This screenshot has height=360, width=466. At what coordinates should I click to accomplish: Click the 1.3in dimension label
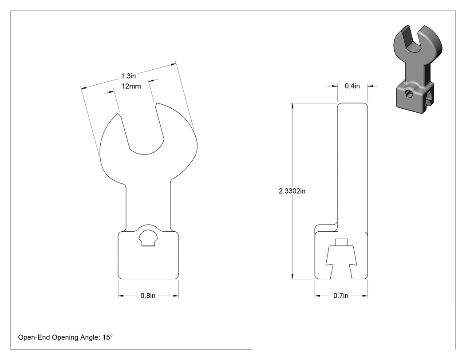[x=128, y=76]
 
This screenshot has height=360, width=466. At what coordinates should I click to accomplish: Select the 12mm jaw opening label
[x=131, y=86]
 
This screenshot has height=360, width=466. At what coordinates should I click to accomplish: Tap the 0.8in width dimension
[x=148, y=296]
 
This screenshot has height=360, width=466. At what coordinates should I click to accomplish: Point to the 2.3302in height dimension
[x=292, y=191]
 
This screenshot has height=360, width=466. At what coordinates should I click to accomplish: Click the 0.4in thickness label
[x=352, y=86]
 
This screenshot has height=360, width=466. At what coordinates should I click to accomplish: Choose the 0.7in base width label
[x=341, y=296]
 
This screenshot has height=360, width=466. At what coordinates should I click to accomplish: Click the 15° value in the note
[x=107, y=337]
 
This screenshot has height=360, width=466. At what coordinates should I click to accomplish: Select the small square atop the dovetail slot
[x=341, y=242]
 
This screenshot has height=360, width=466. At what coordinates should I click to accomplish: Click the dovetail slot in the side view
[x=341, y=262]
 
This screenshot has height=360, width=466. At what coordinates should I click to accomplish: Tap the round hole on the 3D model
[x=409, y=93]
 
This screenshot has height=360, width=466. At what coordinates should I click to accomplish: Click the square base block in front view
[x=148, y=255]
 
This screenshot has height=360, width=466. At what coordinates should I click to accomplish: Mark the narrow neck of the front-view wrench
[x=148, y=205]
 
